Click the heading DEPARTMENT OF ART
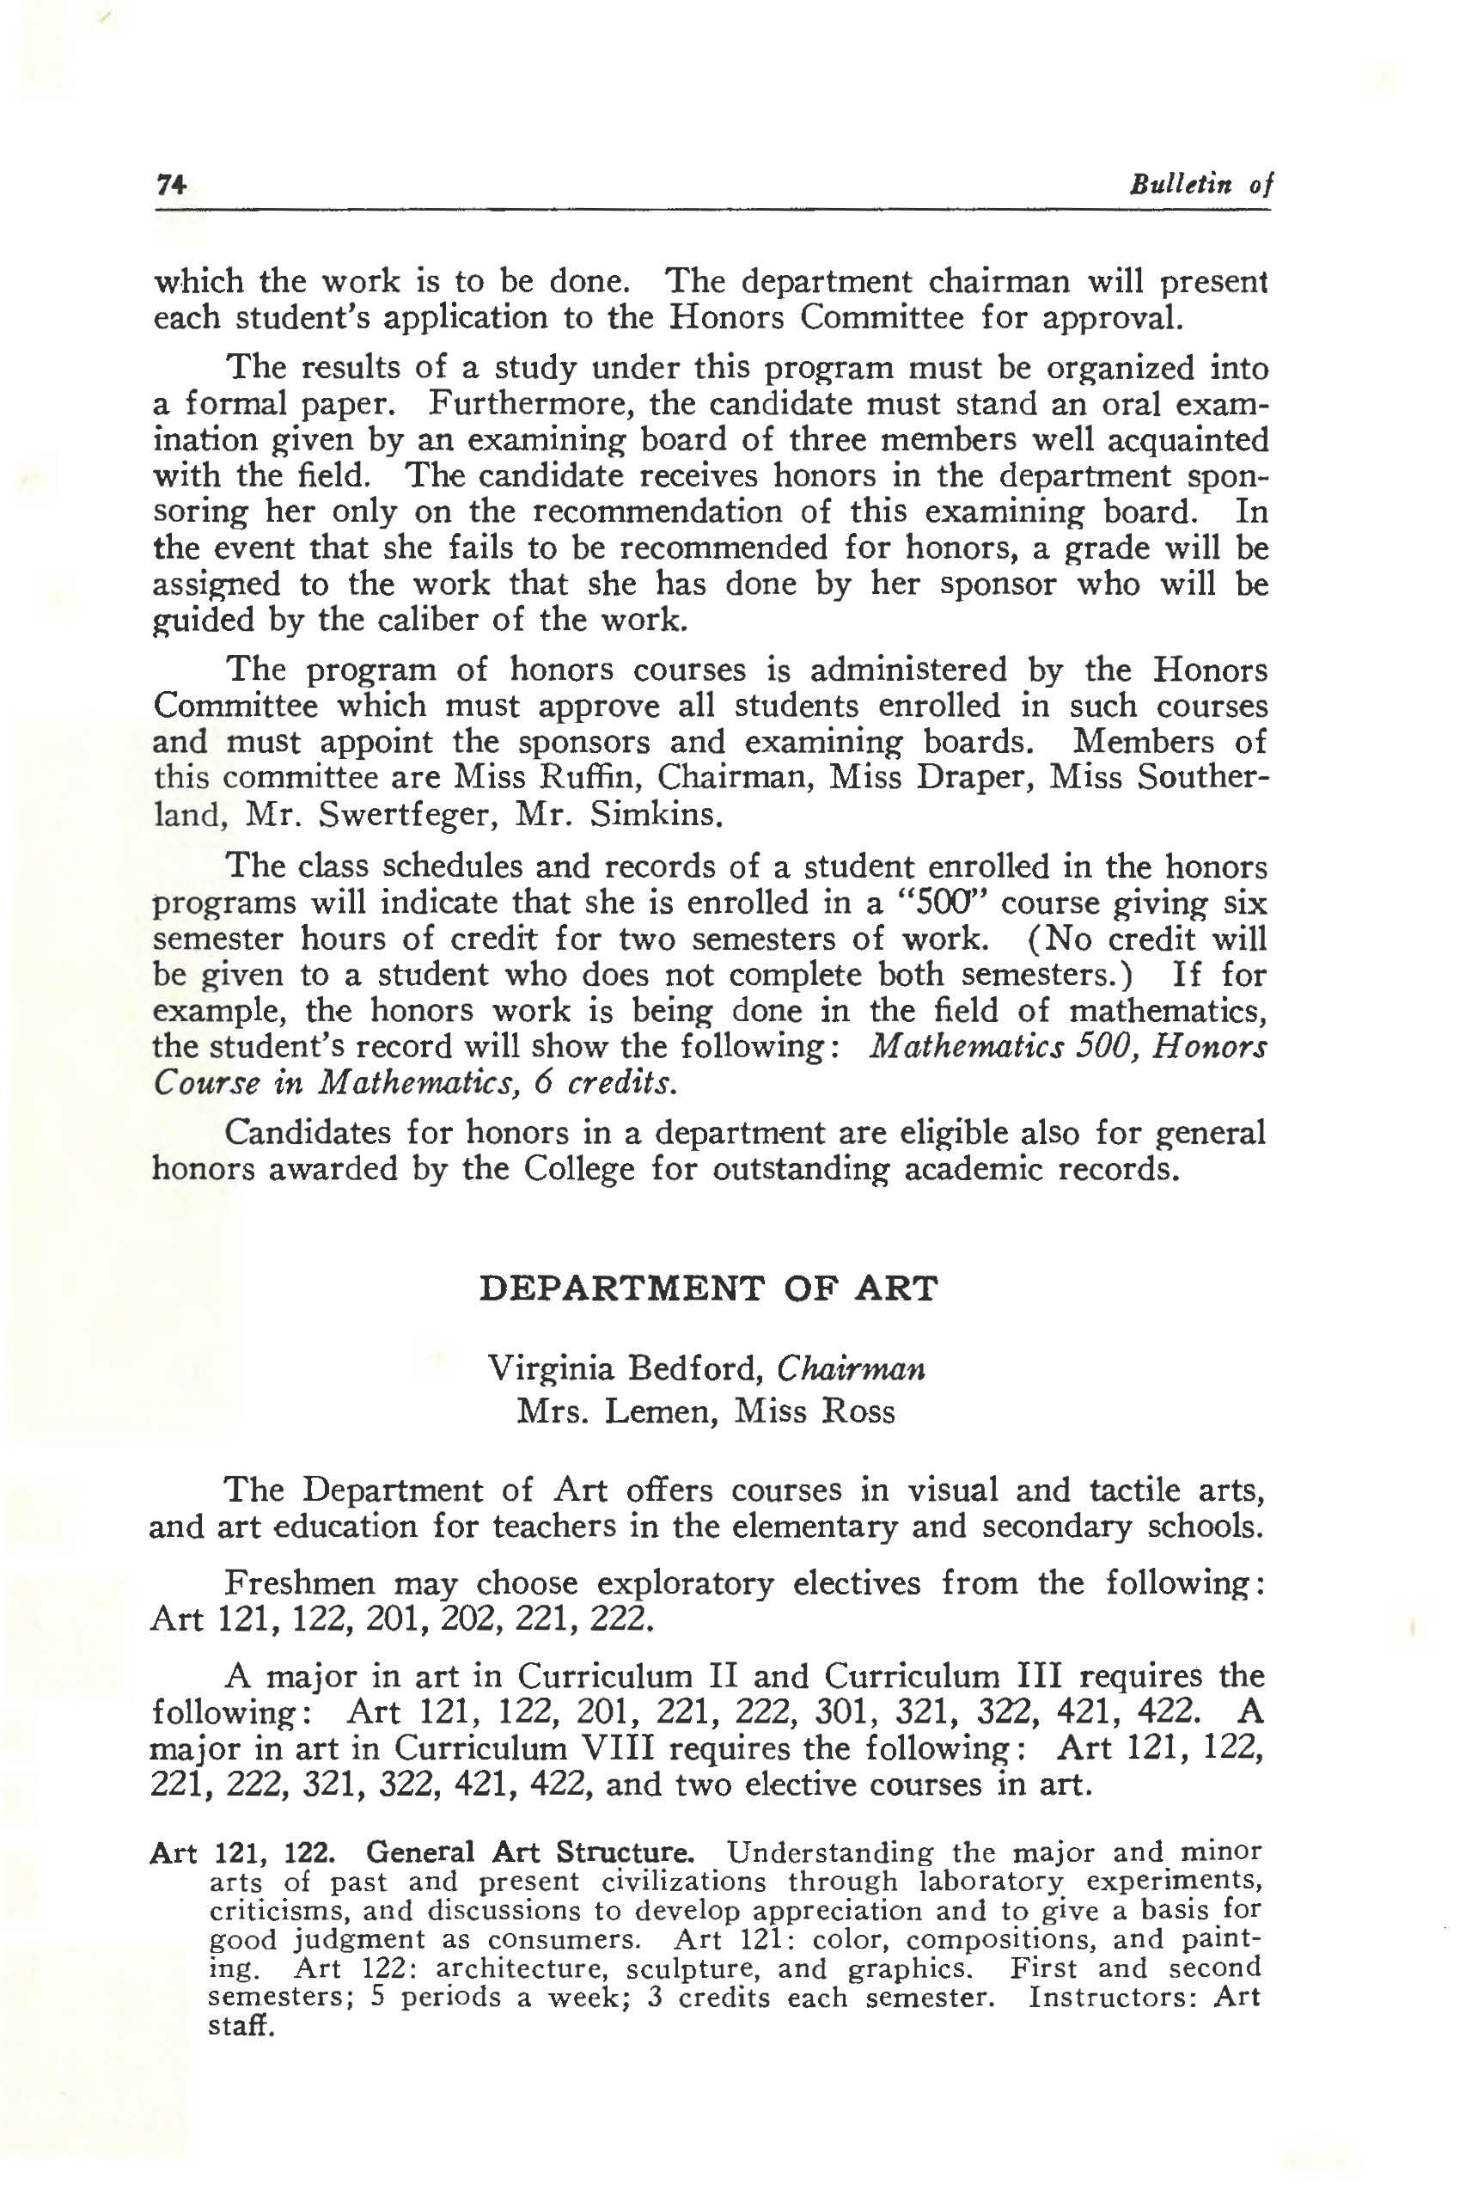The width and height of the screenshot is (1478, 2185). tap(708, 1287)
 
